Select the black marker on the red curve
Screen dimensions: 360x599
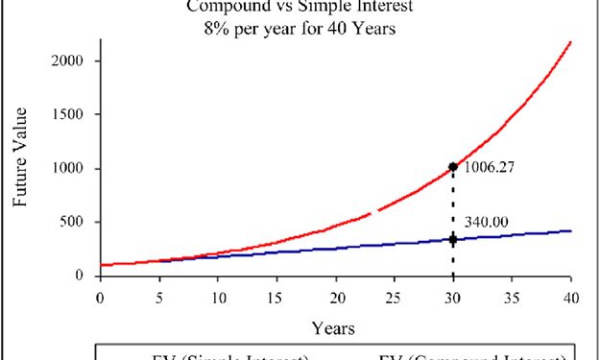(x=453, y=167)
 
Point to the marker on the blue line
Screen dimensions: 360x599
(x=453, y=239)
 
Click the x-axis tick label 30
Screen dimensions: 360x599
(x=453, y=297)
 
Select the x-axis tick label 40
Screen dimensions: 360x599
(x=571, y=297)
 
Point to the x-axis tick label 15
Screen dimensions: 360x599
(x=276, y=297)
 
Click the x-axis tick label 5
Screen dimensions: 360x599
(x=158, y=297)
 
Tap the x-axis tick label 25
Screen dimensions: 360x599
(x=395, y=297)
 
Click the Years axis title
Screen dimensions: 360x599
(x=335, y=327)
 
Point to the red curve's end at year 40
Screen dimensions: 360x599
(x=570, y=42)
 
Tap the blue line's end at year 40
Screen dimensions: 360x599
(x=570, y=230)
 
